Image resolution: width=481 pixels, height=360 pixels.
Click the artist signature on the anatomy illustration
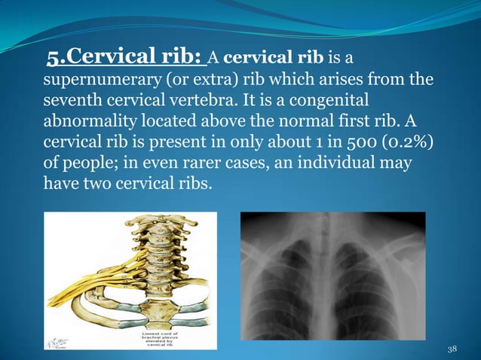point(59,340)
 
